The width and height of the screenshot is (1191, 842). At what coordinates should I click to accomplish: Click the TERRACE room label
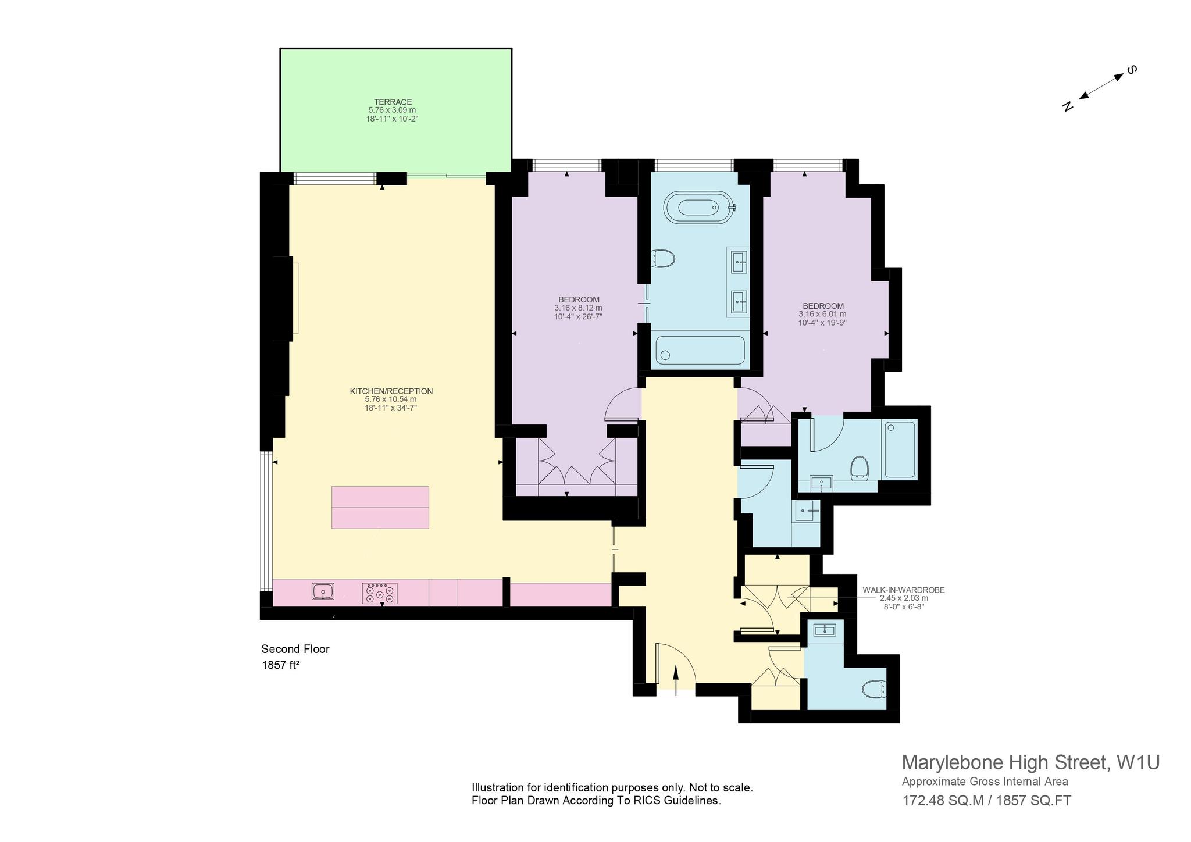[394, 102]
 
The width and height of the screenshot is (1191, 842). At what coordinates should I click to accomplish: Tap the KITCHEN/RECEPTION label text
[391, 391]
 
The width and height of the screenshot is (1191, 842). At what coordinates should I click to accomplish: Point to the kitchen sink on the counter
[323, 591]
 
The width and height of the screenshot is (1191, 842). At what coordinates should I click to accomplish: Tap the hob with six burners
[380, 593]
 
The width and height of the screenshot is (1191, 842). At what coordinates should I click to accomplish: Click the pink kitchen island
[380, 507]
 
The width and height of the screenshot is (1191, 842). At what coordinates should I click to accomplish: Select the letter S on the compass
[1132, 70]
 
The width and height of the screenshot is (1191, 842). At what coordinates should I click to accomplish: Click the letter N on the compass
[1067, 106]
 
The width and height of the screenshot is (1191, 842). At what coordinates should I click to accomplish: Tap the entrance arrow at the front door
[676, 680]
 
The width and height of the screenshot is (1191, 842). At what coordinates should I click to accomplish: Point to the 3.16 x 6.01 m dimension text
[823, 314]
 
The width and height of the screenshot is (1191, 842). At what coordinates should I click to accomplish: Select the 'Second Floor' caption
[295, 649]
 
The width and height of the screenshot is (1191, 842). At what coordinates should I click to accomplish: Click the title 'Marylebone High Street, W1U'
[1030, 762]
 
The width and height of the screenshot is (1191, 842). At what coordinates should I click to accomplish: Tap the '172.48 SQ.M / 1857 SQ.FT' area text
[987, 801]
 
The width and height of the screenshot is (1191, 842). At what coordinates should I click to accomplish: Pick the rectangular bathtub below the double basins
[700, 351]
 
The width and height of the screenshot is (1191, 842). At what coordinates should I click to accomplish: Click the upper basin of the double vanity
[739, 259]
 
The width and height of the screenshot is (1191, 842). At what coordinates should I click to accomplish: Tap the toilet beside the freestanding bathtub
[663, 258]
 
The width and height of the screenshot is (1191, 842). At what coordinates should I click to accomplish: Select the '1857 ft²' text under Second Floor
[280, 665]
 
